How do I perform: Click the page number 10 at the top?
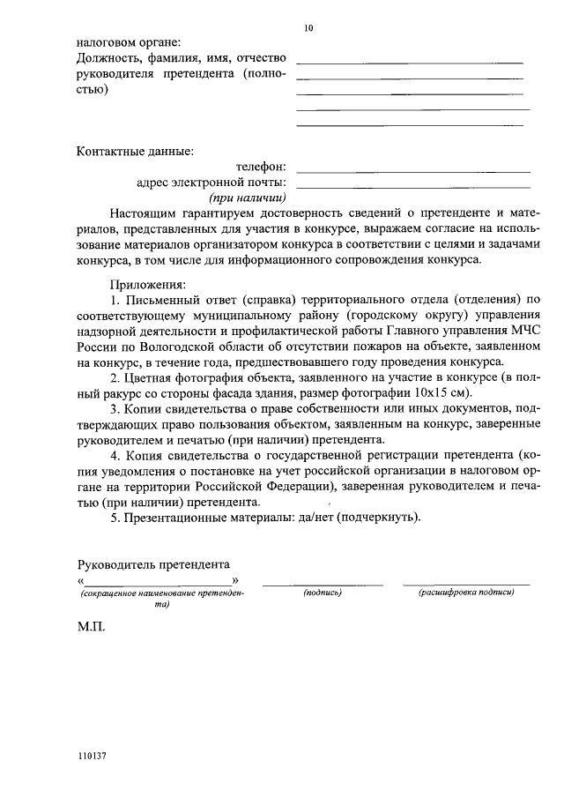click(x=308, y=27)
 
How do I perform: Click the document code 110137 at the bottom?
click(x=93, y=756)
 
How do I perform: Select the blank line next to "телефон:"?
click(x=414, y=170)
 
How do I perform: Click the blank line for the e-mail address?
click(x=414, y=186)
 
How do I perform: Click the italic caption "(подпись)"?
click(x=322, y=593)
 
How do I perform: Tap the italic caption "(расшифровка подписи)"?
click(x=466, y=593)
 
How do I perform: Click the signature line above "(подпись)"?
click(x=323, y=584)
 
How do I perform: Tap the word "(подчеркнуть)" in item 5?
click(x=380, y=517)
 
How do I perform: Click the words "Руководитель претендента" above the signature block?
click(x=153, y=563)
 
